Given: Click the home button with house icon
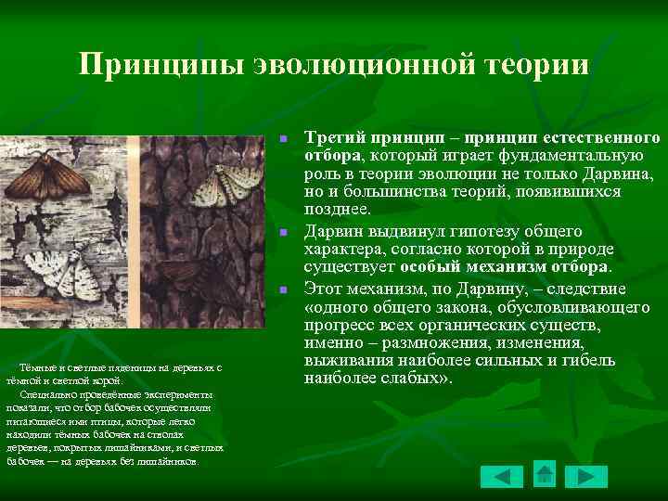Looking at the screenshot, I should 545,473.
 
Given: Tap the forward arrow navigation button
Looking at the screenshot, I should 585,477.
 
